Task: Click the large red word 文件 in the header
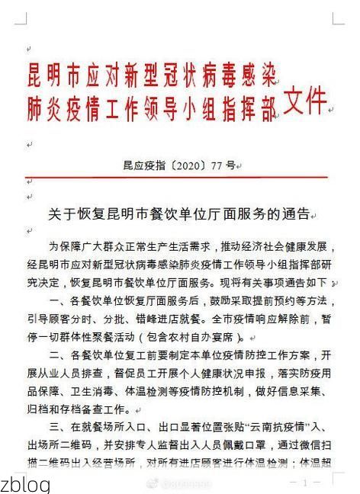304,101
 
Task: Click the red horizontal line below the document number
180,177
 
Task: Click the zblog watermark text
26,484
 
